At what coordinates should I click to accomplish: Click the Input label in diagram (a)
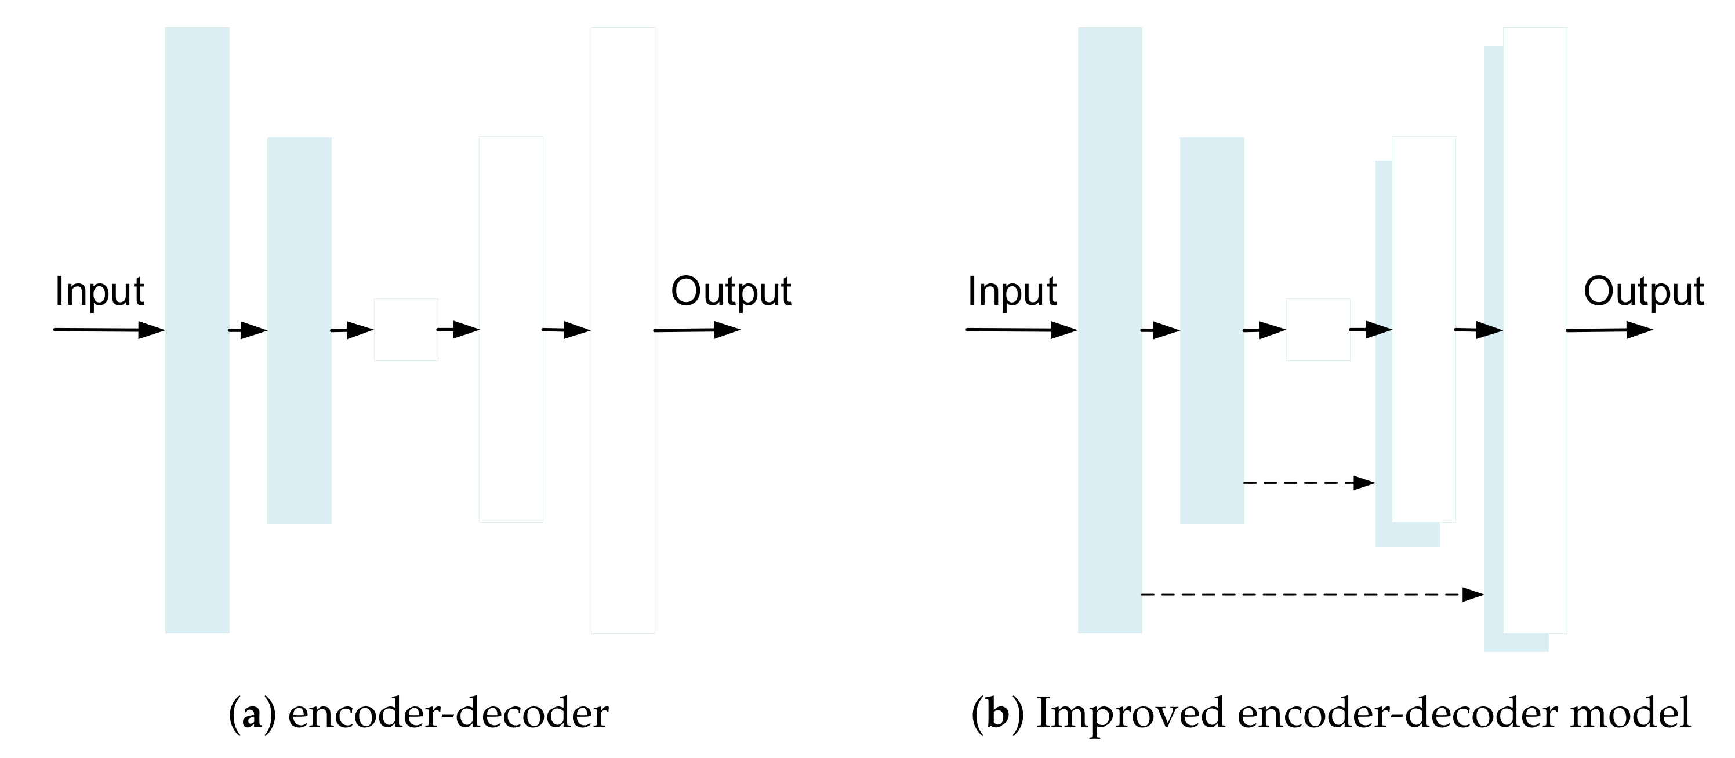[x=99, y=291]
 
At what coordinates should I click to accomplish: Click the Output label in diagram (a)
[x=731, y=291]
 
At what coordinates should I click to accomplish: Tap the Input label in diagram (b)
[x=1012, y=291]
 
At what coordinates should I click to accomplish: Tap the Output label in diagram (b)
[x=1643, y=291]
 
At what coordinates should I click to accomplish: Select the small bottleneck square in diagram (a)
[x=406, y=329]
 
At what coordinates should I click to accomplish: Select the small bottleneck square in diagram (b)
[x=1318, y=329]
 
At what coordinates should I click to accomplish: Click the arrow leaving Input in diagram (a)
[x=108, y=330]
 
